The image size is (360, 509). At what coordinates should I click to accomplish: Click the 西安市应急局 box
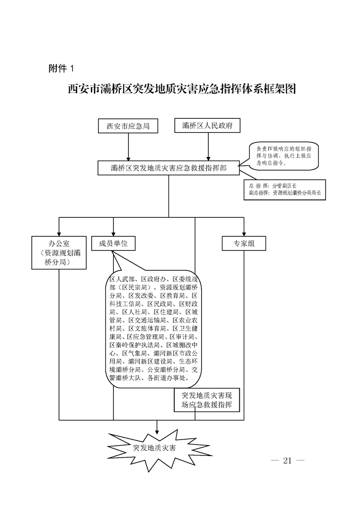[128, 126]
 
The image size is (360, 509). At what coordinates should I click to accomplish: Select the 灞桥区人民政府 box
[207, 126]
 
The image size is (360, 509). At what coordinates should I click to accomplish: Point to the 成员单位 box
[113, 244]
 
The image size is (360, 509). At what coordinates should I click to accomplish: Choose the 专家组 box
[244, 244]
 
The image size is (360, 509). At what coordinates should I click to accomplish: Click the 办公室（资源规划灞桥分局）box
[59, 252]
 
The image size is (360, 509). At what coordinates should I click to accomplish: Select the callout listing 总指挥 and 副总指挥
[285, 189]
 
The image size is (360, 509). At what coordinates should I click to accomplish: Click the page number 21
[286, 461]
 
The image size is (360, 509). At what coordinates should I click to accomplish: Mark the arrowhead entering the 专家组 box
[244, 233]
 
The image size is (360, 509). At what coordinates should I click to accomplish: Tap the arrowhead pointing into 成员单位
[113, 233]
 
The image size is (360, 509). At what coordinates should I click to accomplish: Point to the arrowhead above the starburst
[157, 427]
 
